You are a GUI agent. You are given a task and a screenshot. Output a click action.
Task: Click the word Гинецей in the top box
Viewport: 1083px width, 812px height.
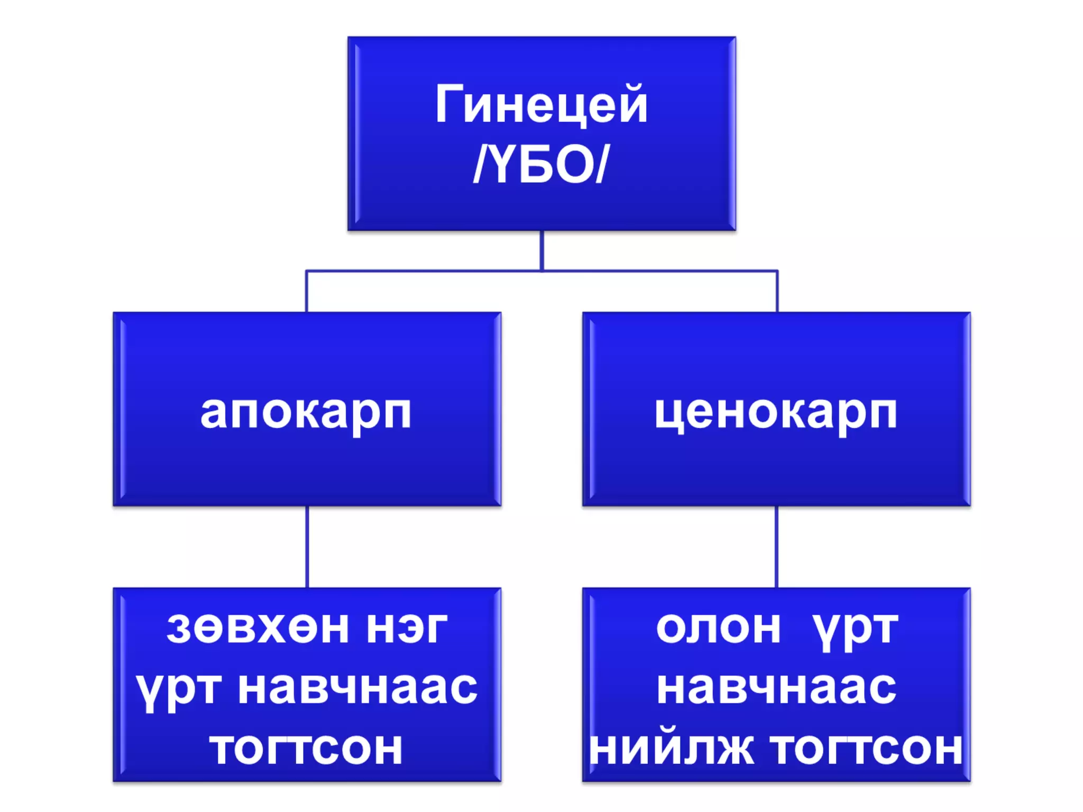pos(541,105)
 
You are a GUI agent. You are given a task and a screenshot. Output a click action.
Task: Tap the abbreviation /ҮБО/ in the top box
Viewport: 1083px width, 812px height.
pos(541,165)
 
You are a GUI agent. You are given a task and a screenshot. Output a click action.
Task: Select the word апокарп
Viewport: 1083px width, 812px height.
pos(306,413)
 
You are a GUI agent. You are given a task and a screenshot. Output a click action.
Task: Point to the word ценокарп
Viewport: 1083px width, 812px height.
pos(776,413)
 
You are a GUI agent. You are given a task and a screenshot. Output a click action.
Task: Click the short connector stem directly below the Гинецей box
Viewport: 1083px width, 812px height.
pos(541,250)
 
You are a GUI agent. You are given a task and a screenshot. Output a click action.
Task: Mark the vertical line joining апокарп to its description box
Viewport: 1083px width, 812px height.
pos(307,547)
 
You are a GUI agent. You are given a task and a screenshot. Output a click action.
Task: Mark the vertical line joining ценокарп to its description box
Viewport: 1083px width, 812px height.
pos(776,547)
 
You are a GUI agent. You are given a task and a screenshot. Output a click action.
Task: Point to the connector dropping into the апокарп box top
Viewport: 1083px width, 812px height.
pos(307,292)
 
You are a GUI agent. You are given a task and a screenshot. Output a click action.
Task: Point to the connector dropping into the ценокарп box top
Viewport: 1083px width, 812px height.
pos(777,292)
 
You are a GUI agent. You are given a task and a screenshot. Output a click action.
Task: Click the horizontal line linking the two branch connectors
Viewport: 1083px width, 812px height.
pos(423,271)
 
